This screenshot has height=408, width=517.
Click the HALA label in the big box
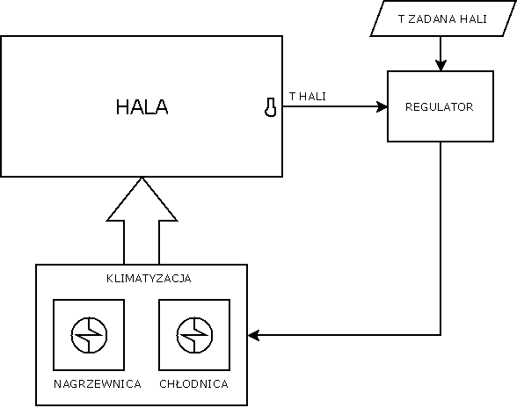tap(142, 107)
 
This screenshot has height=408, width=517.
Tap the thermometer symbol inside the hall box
tap(271, 107)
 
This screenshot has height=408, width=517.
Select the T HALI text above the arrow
tap(308, 97)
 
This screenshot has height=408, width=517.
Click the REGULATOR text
tap(440, 107)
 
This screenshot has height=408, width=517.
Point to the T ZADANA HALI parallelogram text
tap(442, 18)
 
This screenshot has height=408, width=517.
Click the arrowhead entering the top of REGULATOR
tap(441, 65)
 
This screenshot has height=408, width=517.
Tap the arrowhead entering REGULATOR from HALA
tap(382, 106)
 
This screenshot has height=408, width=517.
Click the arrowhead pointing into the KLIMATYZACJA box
tap(253, 335)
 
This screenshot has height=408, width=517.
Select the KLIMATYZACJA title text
tap(149, 279)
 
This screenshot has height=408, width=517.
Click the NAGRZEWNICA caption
tap(98, 384)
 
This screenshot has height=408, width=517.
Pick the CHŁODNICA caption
tap(193, 384)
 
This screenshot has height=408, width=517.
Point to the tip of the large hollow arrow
tap(142, 178)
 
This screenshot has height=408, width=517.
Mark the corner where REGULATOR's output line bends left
tap(441, 335)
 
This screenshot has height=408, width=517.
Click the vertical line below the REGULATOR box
tap(441, 238)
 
